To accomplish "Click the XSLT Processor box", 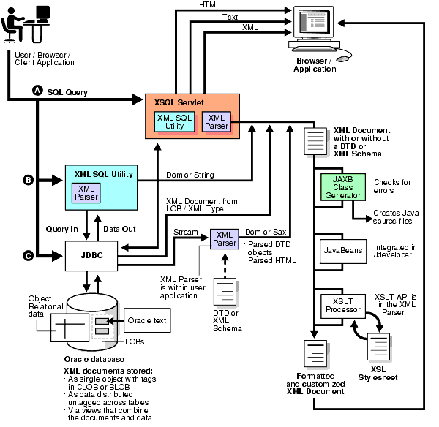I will [x=342, y=305].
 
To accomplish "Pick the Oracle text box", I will [x=147, y=320].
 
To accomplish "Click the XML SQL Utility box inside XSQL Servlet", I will [x=174, y=121].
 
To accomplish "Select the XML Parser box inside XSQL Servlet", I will [x=217, y=121].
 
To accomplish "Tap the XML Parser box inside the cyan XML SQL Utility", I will [x=86, y=192].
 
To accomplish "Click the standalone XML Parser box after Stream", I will [x=224, y=238].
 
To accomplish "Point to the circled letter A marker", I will [x=36, y=89].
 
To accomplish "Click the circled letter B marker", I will [x=29, y=179].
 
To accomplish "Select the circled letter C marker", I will [x=29, y=255].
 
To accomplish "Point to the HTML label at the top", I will [x=209, y=5].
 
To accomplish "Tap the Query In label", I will [x=63, y=229].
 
